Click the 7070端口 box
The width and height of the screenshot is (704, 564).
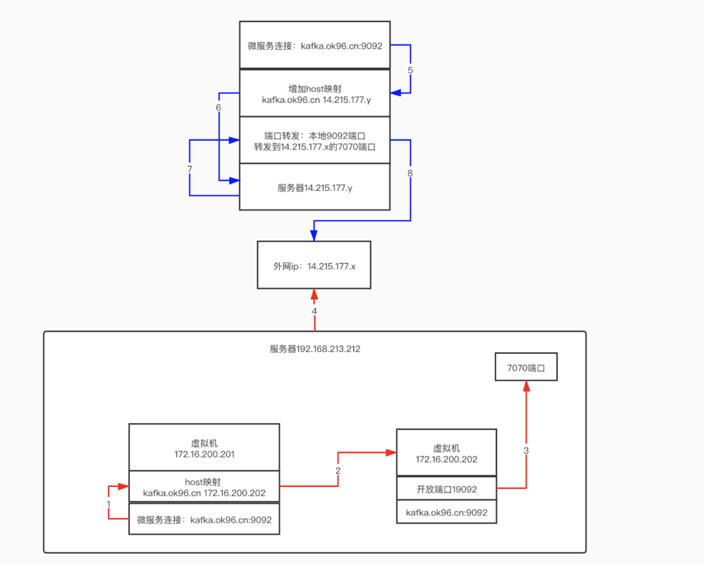pyautogui.click(x=526, y=368)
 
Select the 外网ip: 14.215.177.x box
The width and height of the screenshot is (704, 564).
pyautogui.click(x=313, y=265)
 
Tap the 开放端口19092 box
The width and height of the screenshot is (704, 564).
pyautogui.click(x=446, y=489)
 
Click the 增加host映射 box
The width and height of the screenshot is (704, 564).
pyautogui.click(x=315, y=93)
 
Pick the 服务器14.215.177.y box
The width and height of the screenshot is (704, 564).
pyautogui.click(x=315, y=187)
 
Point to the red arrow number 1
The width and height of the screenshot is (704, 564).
pyautogui.click(x=109, y=504)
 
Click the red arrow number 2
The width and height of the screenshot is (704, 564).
pyautogui.click(x=338, y=470)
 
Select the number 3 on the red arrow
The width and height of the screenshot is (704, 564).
pyautogui.click(x=527, y=451)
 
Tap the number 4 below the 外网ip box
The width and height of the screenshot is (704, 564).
pyautogui.click(x=314, y=311)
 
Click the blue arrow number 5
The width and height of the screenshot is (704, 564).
pyautogui.click(x=410, y=70)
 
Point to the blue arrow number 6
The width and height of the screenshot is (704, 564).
pyautogui.click(x=219, y=108)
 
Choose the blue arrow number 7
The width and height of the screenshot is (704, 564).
pyautogui.click(x=189, y=168)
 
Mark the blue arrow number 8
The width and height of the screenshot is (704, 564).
pyautogui.click(x=410, y=173)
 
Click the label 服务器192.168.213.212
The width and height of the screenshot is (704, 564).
pyautogui.click(x=315, y=349)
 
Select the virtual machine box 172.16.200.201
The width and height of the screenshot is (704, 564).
pyautogui.click(x=204, y=448)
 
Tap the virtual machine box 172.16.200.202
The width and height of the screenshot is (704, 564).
pyautogui.click(x=446, y=453)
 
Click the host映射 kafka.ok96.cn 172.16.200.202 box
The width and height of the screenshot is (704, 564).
pyautogui.click(x=204, y=488)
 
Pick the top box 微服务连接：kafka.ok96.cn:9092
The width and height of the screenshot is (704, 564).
pyautogui.click(x=315, y=46)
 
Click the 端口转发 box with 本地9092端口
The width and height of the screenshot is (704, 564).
pyautogui.click(x=315, y=140)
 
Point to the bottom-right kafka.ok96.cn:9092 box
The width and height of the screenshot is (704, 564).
pyautogui.click(x=446, y=512)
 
